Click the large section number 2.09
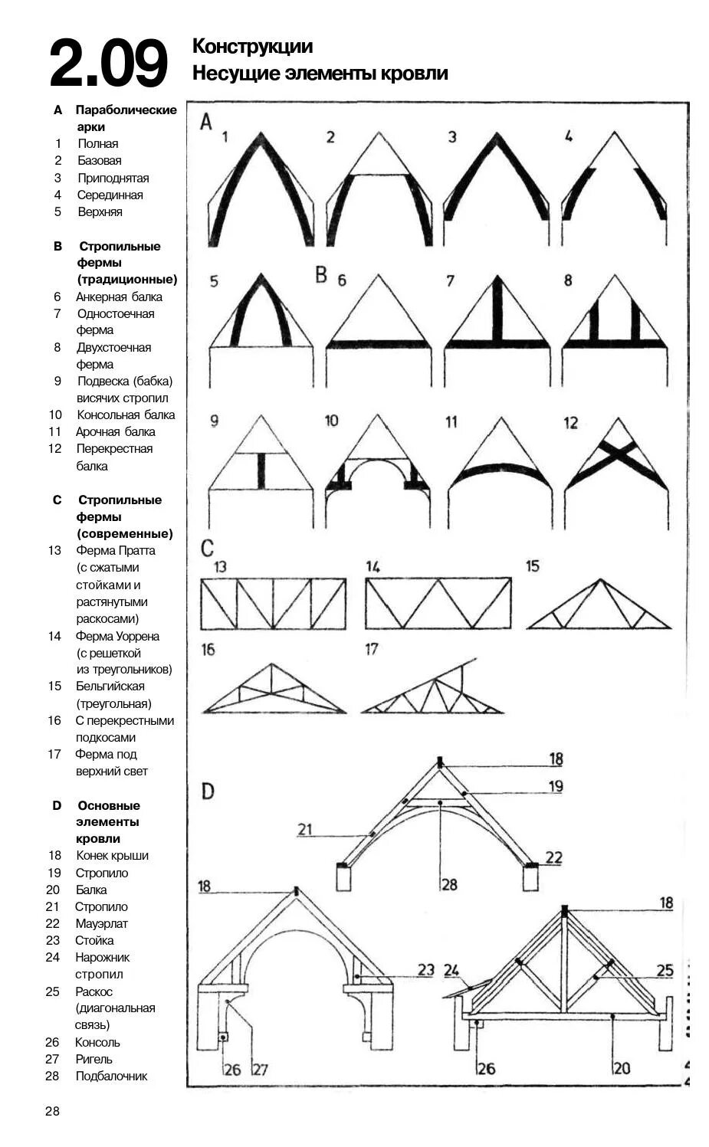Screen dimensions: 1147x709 pyautogui.click(x=108, y=63)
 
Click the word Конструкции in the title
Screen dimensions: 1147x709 pyautogui.click(x=252, y=47)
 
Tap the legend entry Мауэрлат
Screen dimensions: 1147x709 pyautogui.click(x=101, y=923)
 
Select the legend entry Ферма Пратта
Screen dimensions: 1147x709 pyautogui.click(x=115, y=550)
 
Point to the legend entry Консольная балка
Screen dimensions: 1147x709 pyautogui.click(x=126, y=415)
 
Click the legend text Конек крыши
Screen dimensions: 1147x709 pyautogui.click(x=112, y=855)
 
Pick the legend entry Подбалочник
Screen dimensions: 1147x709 pyautogui.click(x=111, y=1076)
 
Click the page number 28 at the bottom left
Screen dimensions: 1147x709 pyautogui.click(x=52, y=1111)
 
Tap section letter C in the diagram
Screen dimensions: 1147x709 pyautogui.click(x=207, y=549)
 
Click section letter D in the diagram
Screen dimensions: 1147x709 pyautogui.click(x=208, y=791)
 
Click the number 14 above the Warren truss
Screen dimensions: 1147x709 pyautogui.click(x=373, y=566)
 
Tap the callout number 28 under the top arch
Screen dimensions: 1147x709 pyautogui.click(x=448, y=884)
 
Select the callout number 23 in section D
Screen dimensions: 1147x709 pyautogui.click(x=425, y=969)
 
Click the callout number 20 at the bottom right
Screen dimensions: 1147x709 pyautogui.click(x=622, y=1067)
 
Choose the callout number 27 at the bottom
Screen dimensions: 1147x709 pyautogui.click(x=260, y=1068)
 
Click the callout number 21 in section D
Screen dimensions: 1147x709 pyautogui.click(x=305, y=828)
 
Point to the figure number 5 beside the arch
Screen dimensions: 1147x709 pyautogui.click(x=214, y=281)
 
